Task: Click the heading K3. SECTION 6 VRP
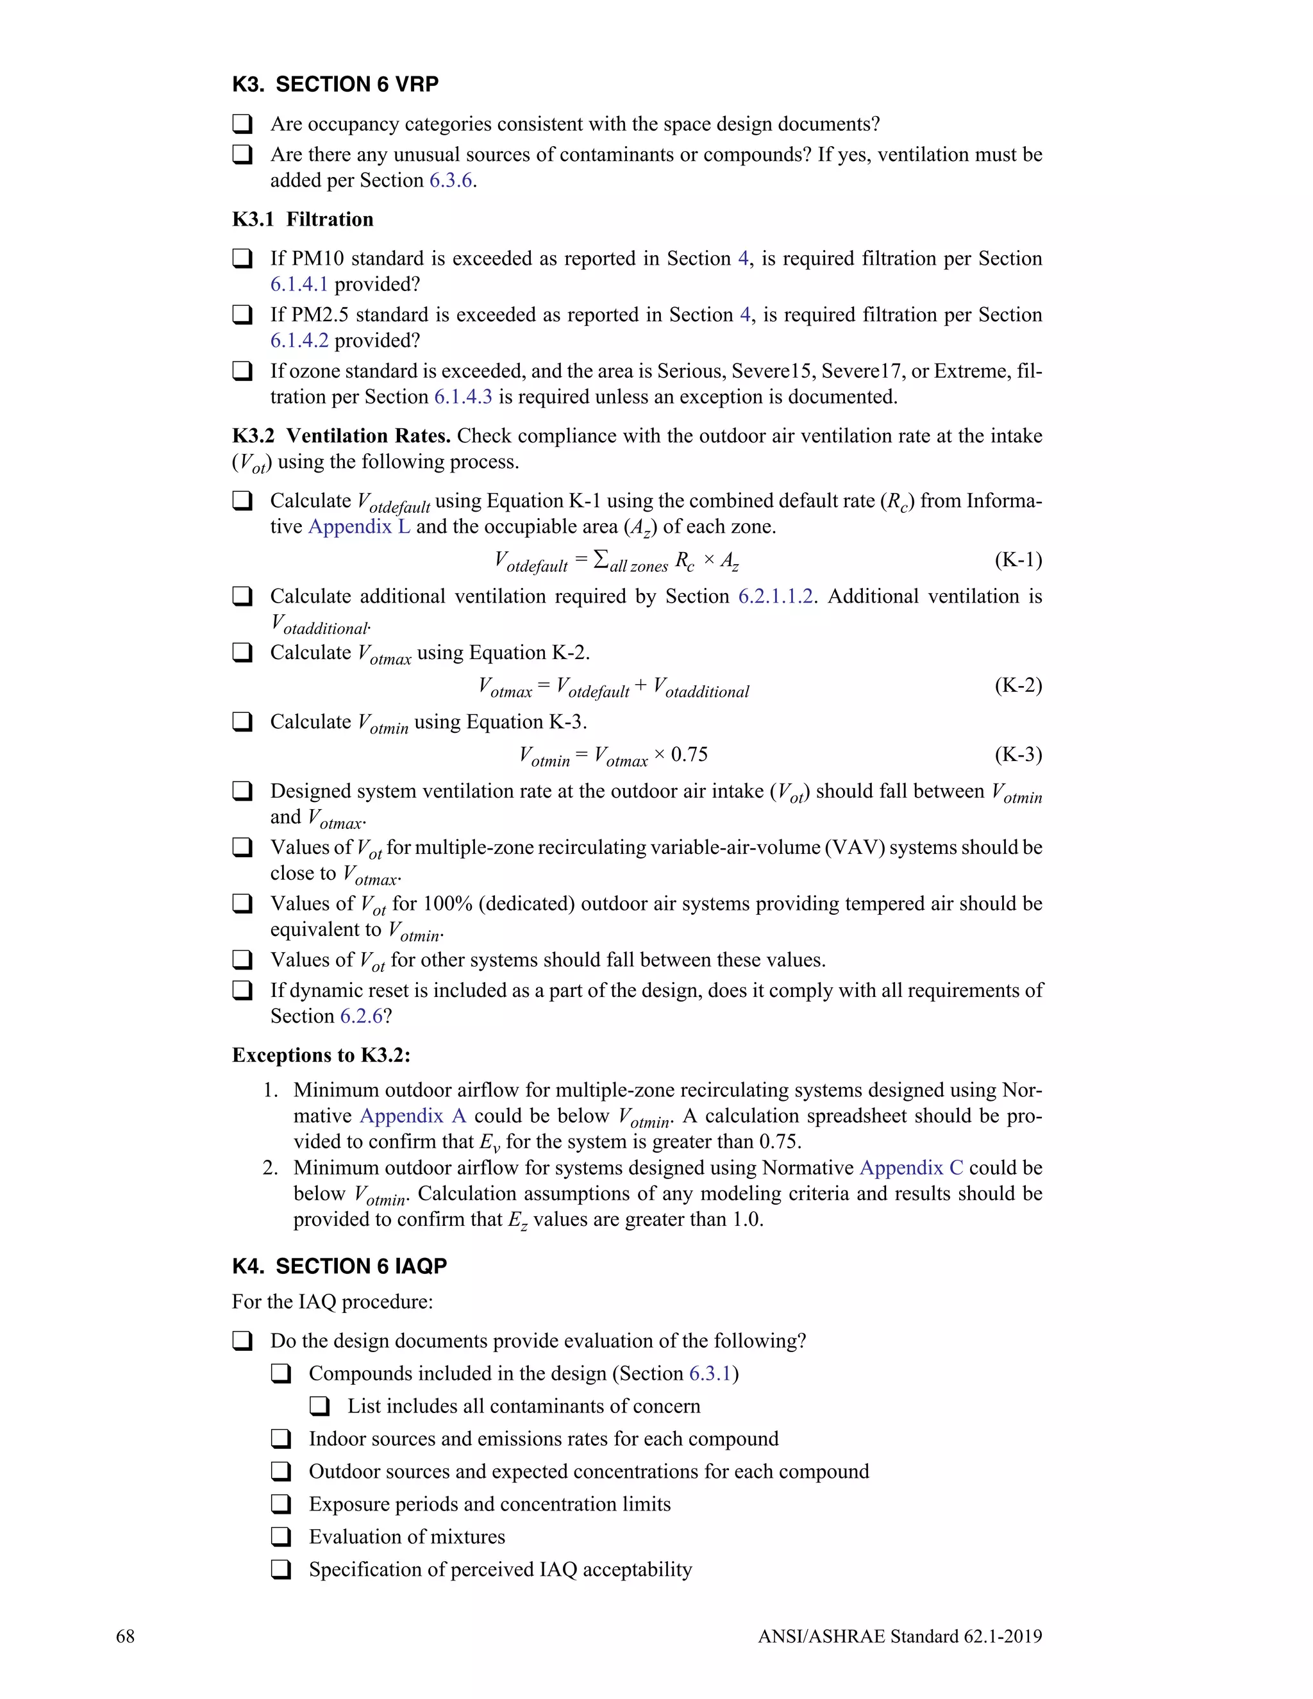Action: pyautogui.click(x=335, y=84)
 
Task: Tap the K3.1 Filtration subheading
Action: pyautogui.click(x=303, y=219)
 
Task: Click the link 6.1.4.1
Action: pyautogui.click(x=299, y=285)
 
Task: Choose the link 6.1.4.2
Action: pyautogui.click(x=299, y=340)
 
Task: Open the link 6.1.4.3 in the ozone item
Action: pyautogui.click(x=463, y=398)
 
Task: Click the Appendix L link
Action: pyautogui.click(x=358, y=526)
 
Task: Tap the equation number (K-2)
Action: pyautogui.click(x=1017, y=685)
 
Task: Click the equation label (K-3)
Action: pyautogui.click(x=1017, y=755)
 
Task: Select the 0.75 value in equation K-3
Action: pyautogui.click(x=689, y=755)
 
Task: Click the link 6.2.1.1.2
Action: pyautogui.click(x=776, y=597)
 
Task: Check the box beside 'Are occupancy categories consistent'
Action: pyautogui.click(x=243, y=124)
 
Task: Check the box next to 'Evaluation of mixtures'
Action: pyautogui.click(x=281, y=1537)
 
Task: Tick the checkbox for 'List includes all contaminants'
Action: pyautogui.click(x=320, y=1407)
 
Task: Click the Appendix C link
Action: pyautogui.click(x=911, y=1168)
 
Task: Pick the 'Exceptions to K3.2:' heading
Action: pyautogui.click(x=321, y=1056)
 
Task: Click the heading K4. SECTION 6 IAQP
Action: pyautogui.click(x=339, y=1266)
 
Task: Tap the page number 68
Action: pyautogui.click(x=125, y=1637)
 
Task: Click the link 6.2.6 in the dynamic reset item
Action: pyautogui.click(x=361, y=1017)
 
